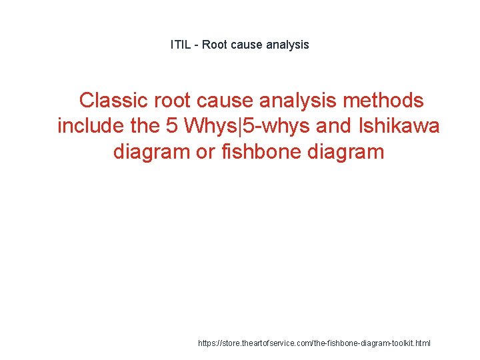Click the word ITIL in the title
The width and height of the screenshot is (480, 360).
[x=180, y=45]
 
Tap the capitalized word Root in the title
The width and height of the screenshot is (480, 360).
[x=214, y=45]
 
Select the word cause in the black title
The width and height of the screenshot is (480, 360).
[x=247, y=45]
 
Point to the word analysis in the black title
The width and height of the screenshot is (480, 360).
[x=287, y=45]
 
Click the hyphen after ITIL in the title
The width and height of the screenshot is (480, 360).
[x=196, y=45]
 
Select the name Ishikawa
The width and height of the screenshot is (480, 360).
[x=399, y=126]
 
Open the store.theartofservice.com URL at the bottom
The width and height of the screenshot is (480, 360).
[x=315, y=343]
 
